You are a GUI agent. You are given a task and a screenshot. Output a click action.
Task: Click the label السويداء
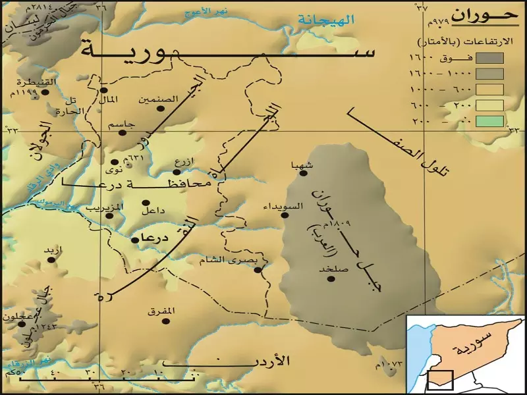pyautogui.click(x=283, y=206)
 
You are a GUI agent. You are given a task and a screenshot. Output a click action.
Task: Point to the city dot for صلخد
pyautogui.click(x=331, y=278)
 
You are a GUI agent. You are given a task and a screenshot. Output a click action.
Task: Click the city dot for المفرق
pyautogui.click(x=166, y=321)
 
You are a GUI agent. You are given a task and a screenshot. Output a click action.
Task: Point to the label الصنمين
pyautogui.click(x=159, y=99)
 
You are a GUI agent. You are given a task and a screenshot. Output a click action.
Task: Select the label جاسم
pyautogui.click(x=122, y=123)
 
